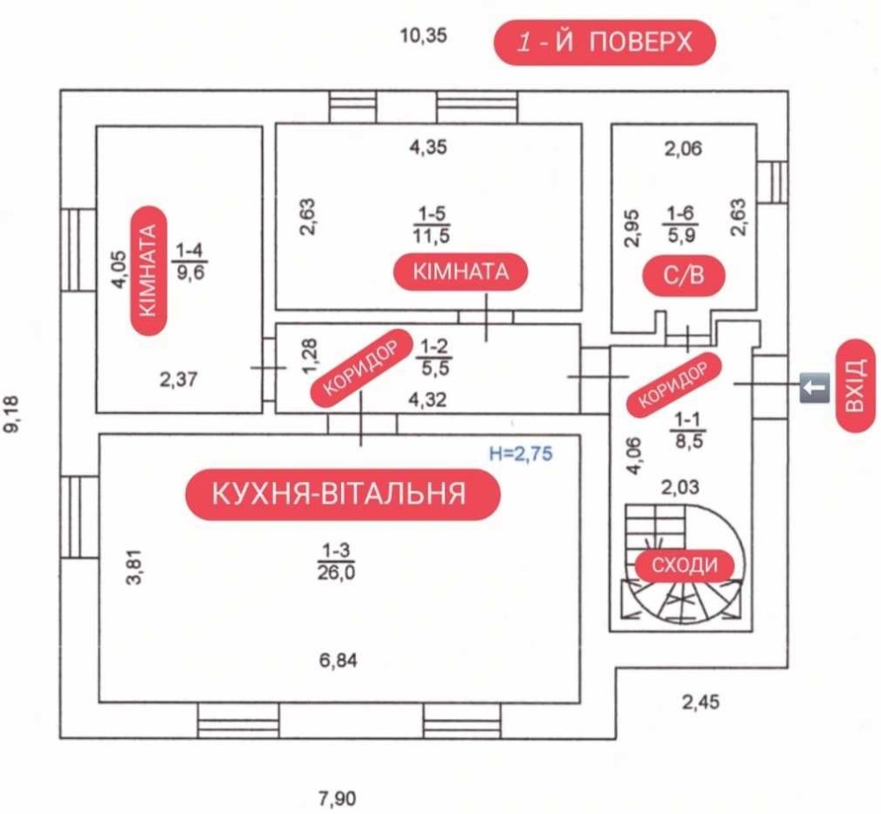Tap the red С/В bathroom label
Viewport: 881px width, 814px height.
click(684, 277)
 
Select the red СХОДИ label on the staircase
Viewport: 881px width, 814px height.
click(685, 566)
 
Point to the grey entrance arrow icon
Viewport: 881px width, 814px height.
click(814, 385)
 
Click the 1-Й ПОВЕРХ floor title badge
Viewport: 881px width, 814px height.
click(604, 42)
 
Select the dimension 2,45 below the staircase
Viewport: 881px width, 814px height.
click(701, 702)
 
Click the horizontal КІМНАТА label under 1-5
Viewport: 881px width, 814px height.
click(462, 271)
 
